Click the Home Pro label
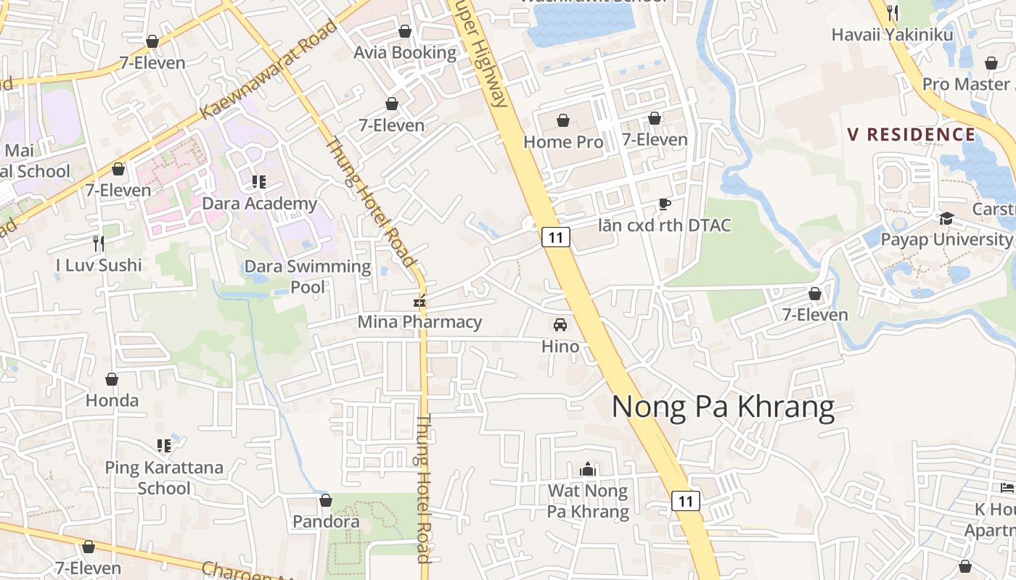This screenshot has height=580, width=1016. pyautogui.click(x=563, y=142)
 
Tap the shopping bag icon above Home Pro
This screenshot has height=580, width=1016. pyautogui.click(x=563, y=120)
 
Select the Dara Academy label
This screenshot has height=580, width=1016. pyautogui.click(x=259, y=204)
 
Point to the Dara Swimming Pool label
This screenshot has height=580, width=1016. pyautogui.click(x=308, y=276)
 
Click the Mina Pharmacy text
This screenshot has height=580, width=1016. pyautogui.click(x=419, y=321)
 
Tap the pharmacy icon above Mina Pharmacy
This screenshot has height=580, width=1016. pyautogui.click(x=419, y=300)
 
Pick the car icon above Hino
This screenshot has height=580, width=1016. pyautogui.click(x=560, y=324)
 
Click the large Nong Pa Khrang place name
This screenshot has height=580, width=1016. pyautogui.click(x=723, y=407)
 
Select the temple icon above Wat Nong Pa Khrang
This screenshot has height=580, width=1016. pyautogui.click(x=588, y=470)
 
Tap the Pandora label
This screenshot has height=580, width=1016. pyautogui.click(x=326, y=521)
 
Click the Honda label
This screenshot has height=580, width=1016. pyautogui.click(x=112, y=400)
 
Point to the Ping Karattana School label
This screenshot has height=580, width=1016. pyautogui.click(x=164, y=477)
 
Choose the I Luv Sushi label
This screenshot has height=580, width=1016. pyautogui.click(x=99, y=265)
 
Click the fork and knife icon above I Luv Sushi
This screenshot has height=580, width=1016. pyautogui.click(x=99, y=243)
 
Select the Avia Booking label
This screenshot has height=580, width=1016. pyautogui.click(x=405, y=53)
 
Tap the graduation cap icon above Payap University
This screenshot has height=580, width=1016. pyautogui.click(x=946, y=218)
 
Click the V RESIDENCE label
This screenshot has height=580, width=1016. pyautogui.click(x=911, y=135)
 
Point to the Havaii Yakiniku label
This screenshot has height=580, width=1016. pyautogui.click(x=892, y=35)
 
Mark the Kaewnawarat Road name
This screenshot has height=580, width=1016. pyautogui.click(x=269, y=70)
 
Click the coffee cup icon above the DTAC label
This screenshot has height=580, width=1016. pyautogui.click(x=664, y=204)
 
